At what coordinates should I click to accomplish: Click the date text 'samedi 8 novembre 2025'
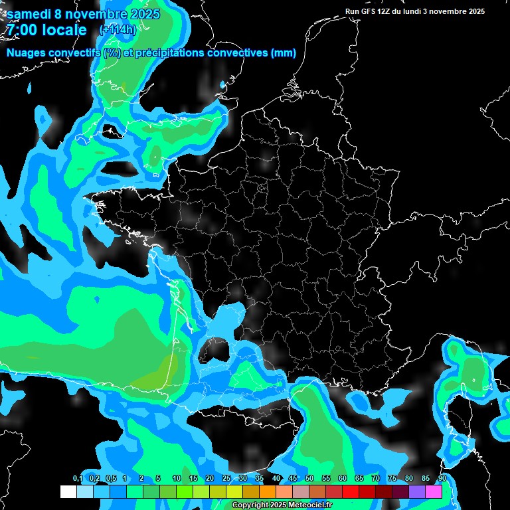83,13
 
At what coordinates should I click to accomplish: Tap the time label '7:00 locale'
46,30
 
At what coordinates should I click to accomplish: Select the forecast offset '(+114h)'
118,29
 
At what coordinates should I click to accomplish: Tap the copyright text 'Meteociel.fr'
301,505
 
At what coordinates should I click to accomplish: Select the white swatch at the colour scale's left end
68,491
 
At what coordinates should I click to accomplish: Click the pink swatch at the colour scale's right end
434,491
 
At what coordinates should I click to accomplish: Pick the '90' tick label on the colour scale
442,479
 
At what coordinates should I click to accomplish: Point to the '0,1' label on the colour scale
77,479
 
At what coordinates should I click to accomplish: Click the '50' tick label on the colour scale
309,479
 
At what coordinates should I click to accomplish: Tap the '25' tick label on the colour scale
226,479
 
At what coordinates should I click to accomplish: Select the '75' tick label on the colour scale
392,479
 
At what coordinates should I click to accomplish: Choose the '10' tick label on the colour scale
177,479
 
